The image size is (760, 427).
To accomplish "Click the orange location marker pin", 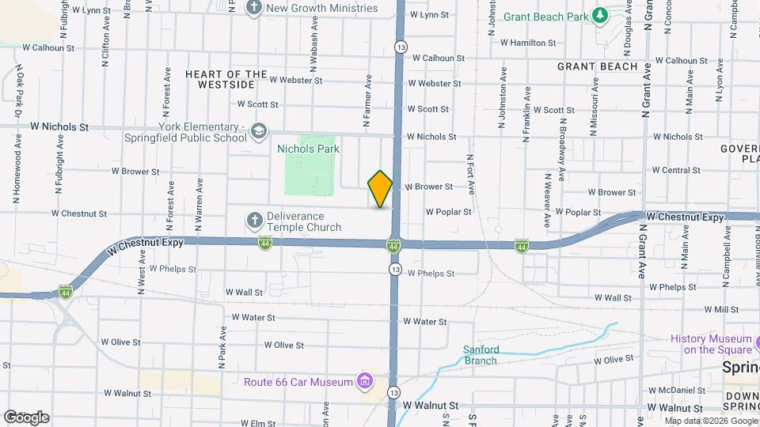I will pos(380,189).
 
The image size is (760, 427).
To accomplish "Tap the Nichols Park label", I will pos(308,148).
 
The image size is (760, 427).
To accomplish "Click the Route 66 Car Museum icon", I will pos(364,383).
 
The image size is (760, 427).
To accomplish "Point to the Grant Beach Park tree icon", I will pos(601,14).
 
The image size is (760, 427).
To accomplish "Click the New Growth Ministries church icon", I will pos(254,9).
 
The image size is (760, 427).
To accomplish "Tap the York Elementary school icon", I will pos(259,130).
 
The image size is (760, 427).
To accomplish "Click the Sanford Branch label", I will pos(481,355).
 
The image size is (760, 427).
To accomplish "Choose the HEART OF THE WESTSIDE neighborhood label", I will pos(226,79).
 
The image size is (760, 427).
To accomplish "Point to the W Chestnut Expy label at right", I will pos(685,216).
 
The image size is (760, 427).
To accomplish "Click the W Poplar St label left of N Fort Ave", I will pos(448,212).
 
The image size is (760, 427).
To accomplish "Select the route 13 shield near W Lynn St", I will pos(402,47).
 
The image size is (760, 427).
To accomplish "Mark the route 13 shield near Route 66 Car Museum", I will pos(393,392).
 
